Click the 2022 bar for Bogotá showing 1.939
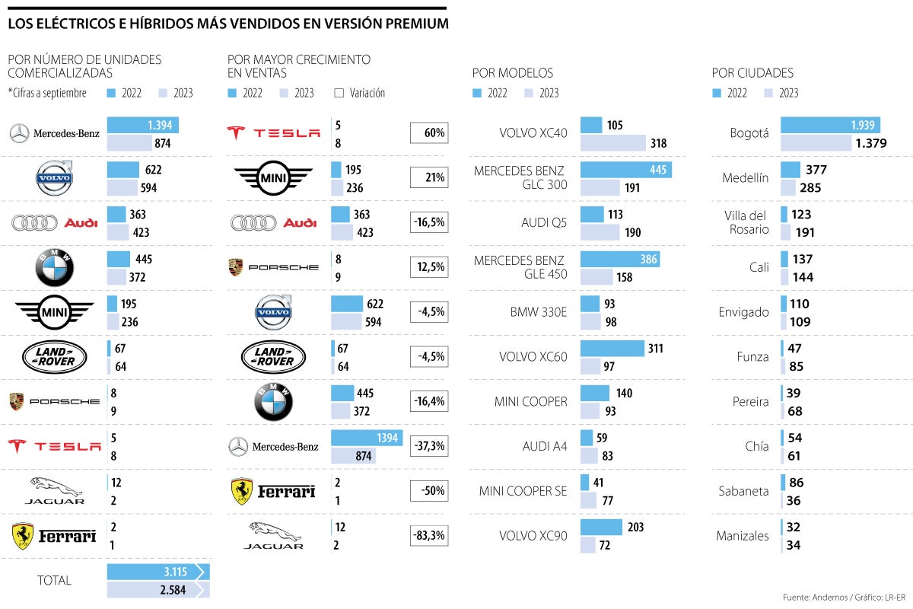[x=830, y=125]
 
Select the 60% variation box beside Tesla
[x=429, y=133]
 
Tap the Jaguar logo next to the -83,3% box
[x=273, y=535]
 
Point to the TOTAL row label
[x=54, y=580]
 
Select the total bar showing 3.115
[x=155, y=572]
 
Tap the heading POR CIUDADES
[x=752, y=73]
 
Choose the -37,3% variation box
[x=429, y=446]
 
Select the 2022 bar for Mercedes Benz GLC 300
[x=625, y=169]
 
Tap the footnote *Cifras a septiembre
[x=47, y=93]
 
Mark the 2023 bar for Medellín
[x=788, y=187]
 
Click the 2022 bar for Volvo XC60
[x=612, y=348]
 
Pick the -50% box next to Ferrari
[x=429, y=491]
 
